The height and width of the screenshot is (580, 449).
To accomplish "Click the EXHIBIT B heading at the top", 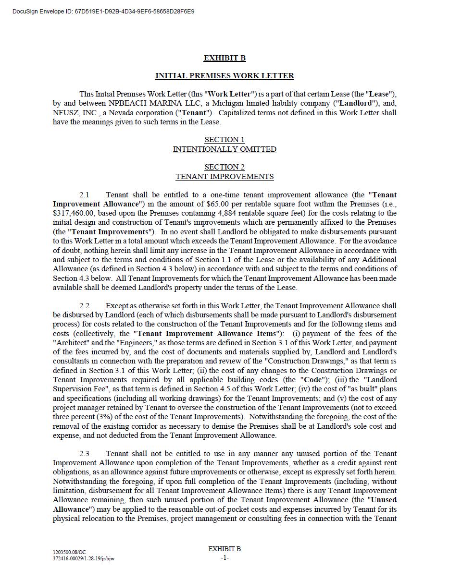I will point(224,58).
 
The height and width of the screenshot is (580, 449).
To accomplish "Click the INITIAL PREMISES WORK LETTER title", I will point(224,76).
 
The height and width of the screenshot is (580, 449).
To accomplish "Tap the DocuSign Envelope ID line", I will point(103,11).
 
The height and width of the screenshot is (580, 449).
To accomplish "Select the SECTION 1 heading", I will point(224,140).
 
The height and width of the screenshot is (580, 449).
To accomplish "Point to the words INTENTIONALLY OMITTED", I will point(224,149).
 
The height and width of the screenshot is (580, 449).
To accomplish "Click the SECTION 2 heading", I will point(224,167).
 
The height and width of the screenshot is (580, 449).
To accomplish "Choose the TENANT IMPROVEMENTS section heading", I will point(224,177).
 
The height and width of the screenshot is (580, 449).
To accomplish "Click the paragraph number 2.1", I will point(85,195).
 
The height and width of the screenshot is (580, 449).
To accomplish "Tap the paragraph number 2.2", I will point(85,306).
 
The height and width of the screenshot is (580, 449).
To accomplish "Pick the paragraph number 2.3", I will point(85,454).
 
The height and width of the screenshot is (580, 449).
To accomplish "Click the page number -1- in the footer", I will point(224,558).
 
